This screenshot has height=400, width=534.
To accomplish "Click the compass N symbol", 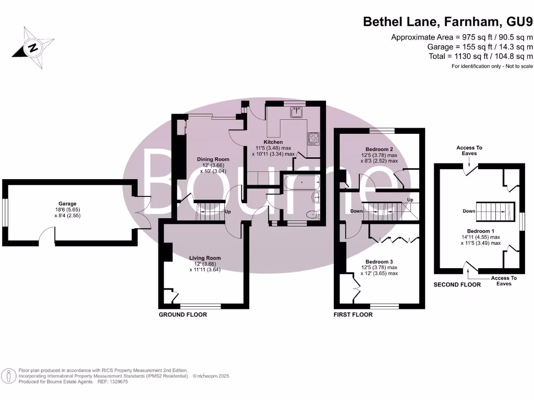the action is [33, 47].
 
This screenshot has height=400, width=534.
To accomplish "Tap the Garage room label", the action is [67, 204].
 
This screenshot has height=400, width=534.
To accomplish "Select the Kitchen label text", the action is [273, 142].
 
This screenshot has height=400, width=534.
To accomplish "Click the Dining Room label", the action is [213, 159].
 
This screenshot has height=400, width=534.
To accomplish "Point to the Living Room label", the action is [205, 258].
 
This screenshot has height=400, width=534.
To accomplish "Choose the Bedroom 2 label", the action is [379, 149].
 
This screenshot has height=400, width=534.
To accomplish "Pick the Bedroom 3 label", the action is [379, 261].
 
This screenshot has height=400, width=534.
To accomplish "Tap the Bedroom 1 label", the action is [480, 231].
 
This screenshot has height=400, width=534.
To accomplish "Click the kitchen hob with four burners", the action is [313, 138].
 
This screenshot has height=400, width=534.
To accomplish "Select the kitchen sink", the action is [296, 113].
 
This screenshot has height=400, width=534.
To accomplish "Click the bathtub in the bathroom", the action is [301, 182].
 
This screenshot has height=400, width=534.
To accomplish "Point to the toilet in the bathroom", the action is [313, 215].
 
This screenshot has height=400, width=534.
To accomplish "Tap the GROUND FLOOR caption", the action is [183, 315].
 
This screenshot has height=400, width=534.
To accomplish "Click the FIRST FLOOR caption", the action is [353, 315].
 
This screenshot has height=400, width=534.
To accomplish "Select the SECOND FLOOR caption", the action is [457, 285].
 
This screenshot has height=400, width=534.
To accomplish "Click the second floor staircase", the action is [495, 211].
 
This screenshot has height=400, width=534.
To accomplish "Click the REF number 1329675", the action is [117, 382].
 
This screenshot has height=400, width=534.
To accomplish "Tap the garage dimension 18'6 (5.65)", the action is [67, 209].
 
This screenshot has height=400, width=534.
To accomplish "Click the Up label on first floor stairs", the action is [410, 199].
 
